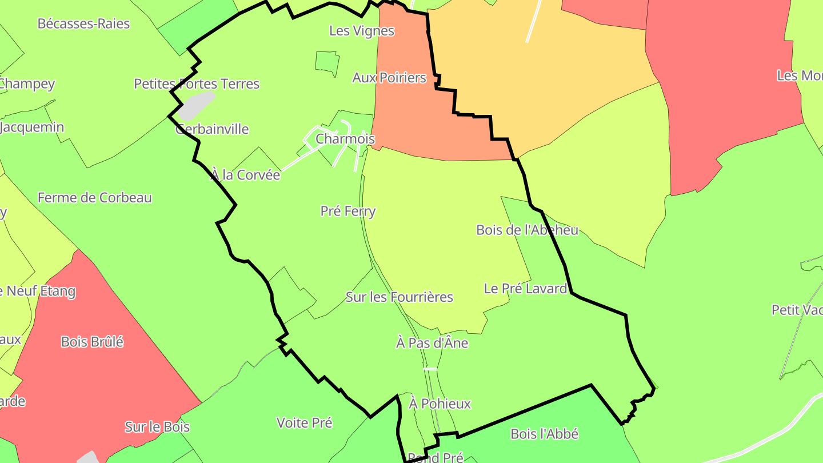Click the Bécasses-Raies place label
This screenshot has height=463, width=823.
[83, 24]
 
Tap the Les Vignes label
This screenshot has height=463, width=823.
[362, 31]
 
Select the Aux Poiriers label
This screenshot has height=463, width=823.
[389, 78]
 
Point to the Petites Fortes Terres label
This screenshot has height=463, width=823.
[197, 84]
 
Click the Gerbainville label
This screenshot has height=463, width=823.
[212, 129]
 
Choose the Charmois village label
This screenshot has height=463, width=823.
[345, 139]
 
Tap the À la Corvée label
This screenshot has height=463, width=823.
[245, 175]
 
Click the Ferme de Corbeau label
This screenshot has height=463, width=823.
[95, 198]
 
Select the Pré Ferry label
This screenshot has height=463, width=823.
[348, 211]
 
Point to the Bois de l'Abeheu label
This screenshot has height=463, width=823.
[527, 230]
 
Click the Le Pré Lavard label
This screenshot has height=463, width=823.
[525, 289]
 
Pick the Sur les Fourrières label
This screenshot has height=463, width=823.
[399, 297]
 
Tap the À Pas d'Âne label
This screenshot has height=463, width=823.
[432, 343]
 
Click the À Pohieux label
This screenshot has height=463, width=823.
[440, 404]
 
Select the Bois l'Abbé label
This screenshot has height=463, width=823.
[545, 434]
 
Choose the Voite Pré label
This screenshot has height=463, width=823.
[304, 423]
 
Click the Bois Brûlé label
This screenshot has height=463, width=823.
[92, 342]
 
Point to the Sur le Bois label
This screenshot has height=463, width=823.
[157, 427]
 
